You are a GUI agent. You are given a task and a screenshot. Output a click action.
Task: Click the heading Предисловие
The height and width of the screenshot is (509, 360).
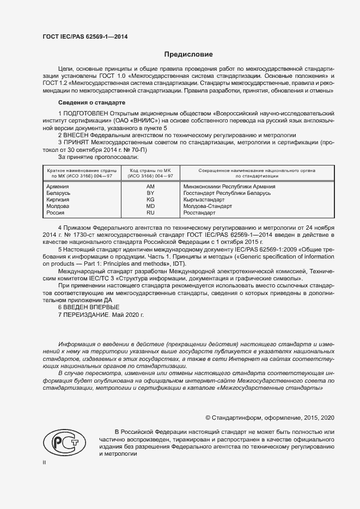coord(188,54)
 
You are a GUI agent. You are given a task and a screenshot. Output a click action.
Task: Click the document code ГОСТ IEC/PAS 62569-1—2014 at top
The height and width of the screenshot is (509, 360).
coord(85,37)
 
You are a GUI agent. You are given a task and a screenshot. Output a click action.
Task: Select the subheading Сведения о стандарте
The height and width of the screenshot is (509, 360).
coord(91,103)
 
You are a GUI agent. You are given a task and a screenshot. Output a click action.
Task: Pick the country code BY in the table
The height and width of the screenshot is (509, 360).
coord(150,193)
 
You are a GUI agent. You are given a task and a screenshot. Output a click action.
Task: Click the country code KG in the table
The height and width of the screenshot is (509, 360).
coord(150,200)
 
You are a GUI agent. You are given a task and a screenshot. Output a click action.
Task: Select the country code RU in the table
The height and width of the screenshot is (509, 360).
coord(150,213)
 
